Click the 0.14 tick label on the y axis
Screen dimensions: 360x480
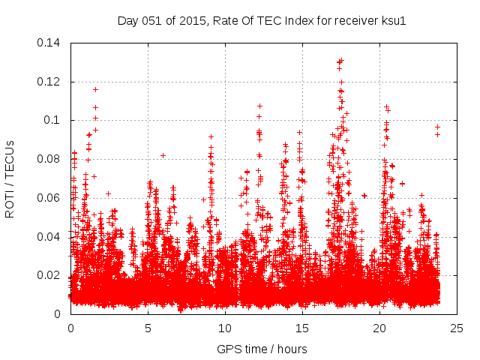50,43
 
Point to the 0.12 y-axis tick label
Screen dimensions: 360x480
50,82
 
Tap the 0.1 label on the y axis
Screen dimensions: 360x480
53,120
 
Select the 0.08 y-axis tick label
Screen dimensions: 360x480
50,159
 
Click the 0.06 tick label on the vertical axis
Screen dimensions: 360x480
50,198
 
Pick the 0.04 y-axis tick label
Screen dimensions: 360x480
50,237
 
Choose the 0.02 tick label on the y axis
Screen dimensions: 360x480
50,275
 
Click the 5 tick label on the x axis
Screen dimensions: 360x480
148,328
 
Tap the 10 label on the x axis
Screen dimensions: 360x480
225,328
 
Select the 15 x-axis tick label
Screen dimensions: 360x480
302,328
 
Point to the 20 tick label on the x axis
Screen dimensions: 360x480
379,328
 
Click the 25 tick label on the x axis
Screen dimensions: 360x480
457,328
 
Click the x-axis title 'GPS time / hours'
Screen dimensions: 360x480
262,349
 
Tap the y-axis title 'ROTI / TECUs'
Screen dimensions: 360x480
10,178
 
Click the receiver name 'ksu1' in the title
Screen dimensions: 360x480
394,20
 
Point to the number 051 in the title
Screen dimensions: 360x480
152,20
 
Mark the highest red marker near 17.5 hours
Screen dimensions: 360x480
341,61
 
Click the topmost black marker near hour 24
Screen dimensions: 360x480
437,127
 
